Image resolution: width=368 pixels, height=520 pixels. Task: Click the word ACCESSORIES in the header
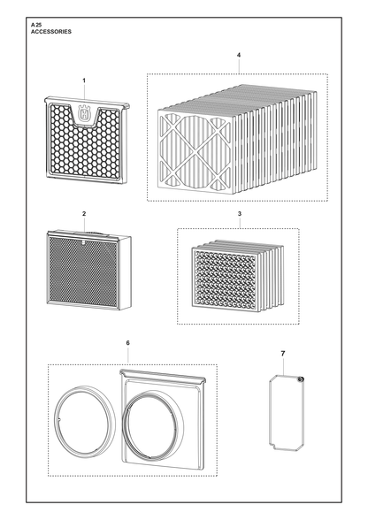pyautogui.click(x=51, y=32)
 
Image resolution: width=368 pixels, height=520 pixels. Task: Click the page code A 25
pyautogui.click(x=36, y=25)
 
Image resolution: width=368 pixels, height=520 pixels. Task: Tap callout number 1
pyautogui.click(x=84, y=80)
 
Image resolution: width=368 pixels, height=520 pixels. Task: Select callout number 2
pyautogui.click(x=84, y=214)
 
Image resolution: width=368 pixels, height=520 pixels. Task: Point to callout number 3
pyautogui.click(x=240, y=214)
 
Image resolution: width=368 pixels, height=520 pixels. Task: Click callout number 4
pyautogui.click(x=239, y=55)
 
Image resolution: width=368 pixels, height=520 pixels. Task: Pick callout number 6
pyautogui.click(x=128, y=343)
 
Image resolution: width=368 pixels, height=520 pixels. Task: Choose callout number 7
pyautogui.click(x=283, y=354)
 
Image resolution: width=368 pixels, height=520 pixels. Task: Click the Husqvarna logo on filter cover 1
pyautogui.click(x=84, y=113)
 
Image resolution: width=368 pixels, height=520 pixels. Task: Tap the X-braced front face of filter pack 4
pyautogui.click(x=195, y=151)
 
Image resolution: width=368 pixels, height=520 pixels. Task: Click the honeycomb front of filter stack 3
pyautogui.click(x=226, y=278)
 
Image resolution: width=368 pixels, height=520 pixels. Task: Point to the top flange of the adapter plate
pyautogui.click(x=163, y=376)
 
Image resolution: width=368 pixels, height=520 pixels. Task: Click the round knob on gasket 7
pyautogui.click(x=301, y=379)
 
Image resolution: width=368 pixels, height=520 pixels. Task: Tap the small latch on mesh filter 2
pyautogui.click(x=82, y=242)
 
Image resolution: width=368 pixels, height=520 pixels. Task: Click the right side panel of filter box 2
pyautogui.click(x=125, y=273)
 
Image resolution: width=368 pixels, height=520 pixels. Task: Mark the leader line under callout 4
pyautogui.click(x=239, y=66)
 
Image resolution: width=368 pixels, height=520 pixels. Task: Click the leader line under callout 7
pyautogui.click(x=284, y=366)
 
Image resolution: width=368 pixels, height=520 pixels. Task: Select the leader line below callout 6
pyautogui.click(x=128, y=356)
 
